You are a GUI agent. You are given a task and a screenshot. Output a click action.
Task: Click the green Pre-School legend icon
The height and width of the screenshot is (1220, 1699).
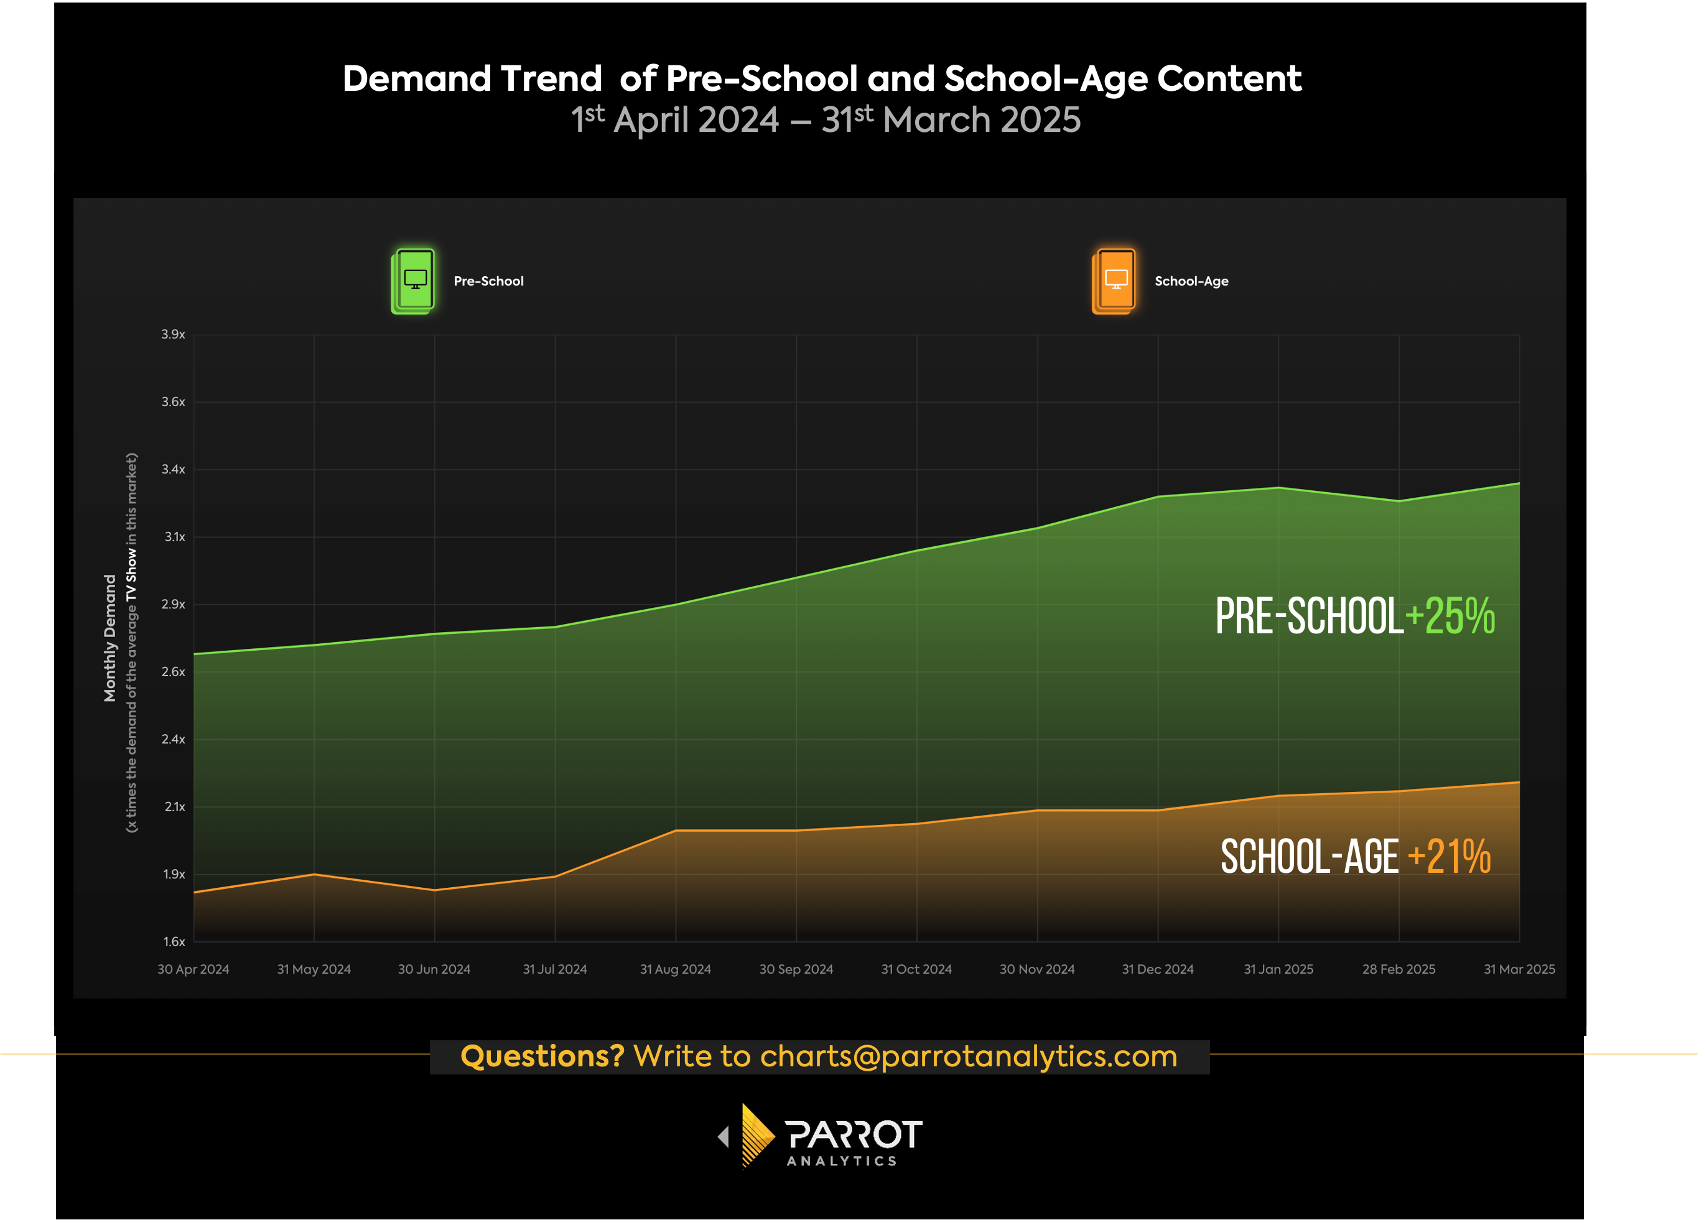tap(412, 281)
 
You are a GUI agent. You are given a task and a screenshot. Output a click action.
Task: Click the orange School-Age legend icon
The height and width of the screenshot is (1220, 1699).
tap(1114, 281)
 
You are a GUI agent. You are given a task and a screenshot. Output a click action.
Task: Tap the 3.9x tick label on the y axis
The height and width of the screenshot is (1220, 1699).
tap(173, 334)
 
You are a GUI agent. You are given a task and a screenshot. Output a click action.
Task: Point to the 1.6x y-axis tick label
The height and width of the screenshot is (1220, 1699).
tap(174, 941)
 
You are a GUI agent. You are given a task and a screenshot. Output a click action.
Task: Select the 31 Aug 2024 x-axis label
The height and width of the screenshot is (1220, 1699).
tap(675, 969)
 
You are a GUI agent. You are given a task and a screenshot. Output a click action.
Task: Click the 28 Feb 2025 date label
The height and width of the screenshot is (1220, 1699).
tap(1399, 969)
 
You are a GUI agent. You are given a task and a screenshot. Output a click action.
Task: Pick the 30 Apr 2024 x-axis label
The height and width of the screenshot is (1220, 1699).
tap(193, 969)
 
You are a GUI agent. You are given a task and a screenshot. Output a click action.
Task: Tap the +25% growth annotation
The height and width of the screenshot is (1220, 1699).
tap(1450, 617)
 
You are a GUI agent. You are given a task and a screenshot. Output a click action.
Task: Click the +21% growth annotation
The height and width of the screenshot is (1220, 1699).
tap(1450, 856)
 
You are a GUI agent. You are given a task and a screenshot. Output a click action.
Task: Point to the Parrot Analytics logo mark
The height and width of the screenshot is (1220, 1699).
tap(756, 1136)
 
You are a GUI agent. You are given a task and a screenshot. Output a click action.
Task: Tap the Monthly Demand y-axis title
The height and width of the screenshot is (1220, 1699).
tap(110, 638)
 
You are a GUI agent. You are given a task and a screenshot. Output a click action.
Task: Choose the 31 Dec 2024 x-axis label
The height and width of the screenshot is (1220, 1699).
tap(1157, 969)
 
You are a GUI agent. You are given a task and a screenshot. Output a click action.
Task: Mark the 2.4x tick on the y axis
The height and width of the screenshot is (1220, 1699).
tap(173, 739)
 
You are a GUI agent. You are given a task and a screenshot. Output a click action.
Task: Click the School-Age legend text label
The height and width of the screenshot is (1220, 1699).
tap(1191, 281)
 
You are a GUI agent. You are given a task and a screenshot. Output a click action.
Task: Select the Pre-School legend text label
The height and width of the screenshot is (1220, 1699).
tap(488, 281)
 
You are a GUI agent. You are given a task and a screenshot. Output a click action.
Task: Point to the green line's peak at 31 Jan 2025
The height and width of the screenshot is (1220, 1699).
tap(1278, 488)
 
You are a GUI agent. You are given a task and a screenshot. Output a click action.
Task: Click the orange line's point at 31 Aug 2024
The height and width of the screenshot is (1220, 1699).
tap(676, 830)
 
